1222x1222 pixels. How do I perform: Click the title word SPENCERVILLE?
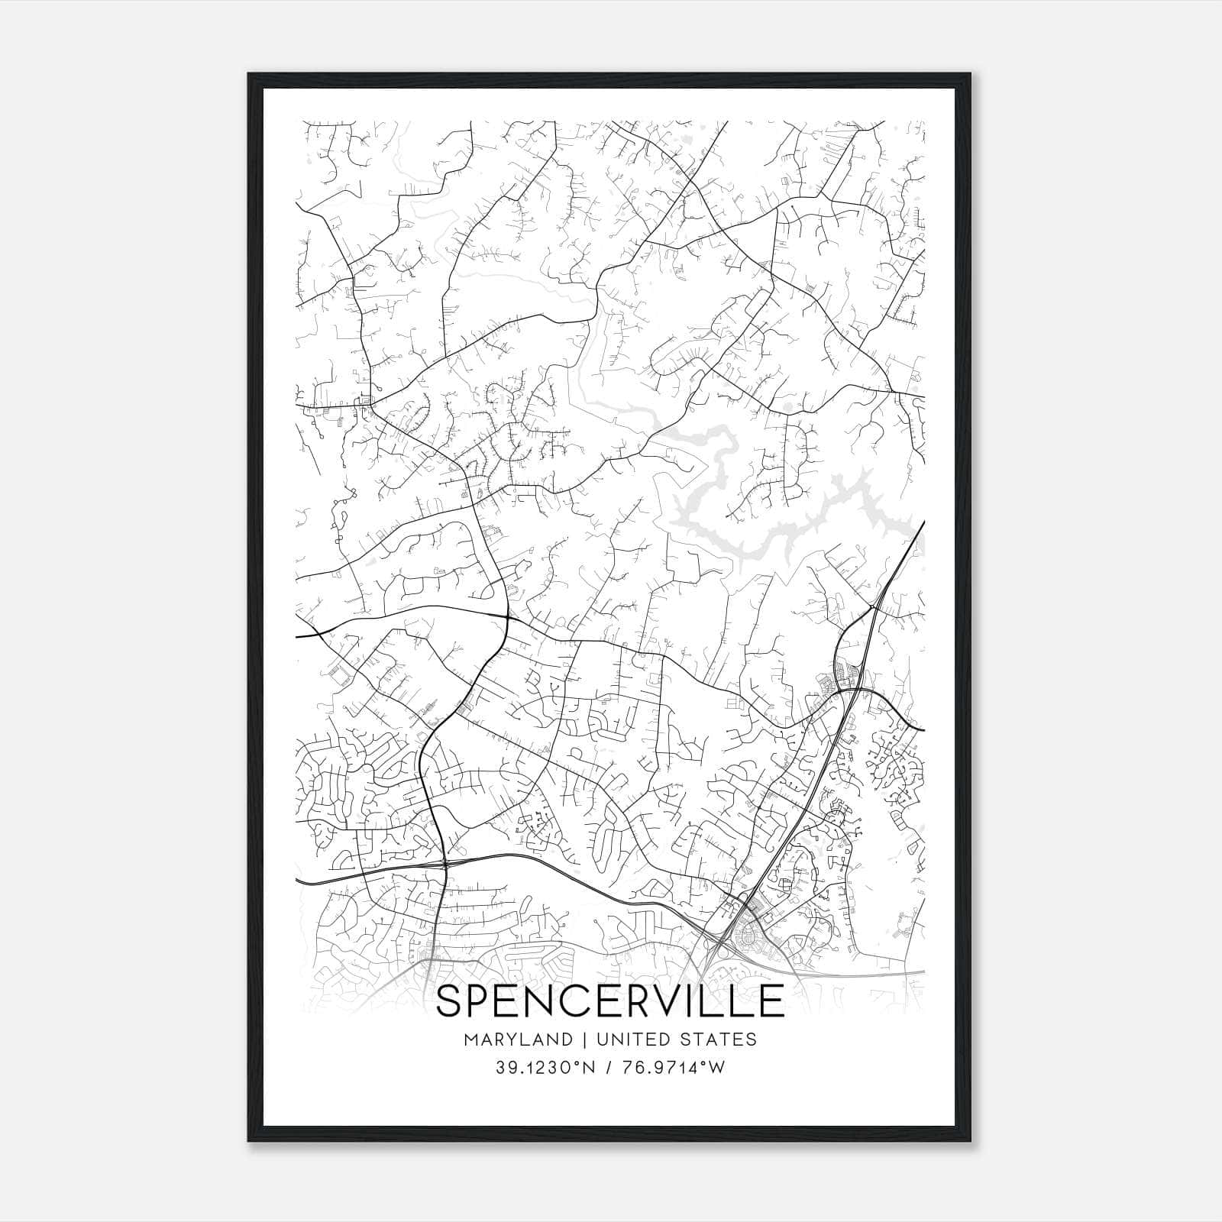[609, 1001]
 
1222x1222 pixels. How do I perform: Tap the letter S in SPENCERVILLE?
[450, 1001]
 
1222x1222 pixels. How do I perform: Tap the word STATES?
[723, 1039]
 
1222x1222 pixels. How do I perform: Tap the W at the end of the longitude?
[718, 1068]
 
